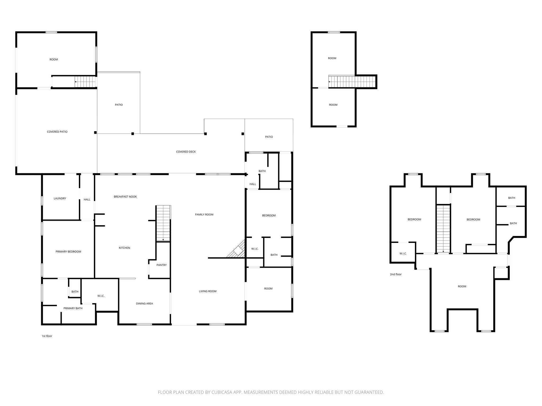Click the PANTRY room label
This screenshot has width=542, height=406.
161,265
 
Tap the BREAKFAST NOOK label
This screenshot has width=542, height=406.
125,197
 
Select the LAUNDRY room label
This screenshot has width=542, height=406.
60,198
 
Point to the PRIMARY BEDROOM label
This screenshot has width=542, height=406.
68,252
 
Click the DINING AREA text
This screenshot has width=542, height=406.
144,303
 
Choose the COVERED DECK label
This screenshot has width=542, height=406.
186,152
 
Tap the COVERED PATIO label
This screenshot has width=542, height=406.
57,132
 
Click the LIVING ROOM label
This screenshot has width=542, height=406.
207,291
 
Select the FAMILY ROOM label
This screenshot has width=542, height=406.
204,214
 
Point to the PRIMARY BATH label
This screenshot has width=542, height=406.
73,308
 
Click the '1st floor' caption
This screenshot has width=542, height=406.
47,336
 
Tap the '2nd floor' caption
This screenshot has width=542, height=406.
396,274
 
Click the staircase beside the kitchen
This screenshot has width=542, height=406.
163,223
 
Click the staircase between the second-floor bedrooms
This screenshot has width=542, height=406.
443,229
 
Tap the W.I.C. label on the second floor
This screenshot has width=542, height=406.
403,253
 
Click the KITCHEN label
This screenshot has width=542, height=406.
124,248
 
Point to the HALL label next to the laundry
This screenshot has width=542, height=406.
87,200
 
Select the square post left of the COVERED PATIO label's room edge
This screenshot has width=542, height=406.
95,132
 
